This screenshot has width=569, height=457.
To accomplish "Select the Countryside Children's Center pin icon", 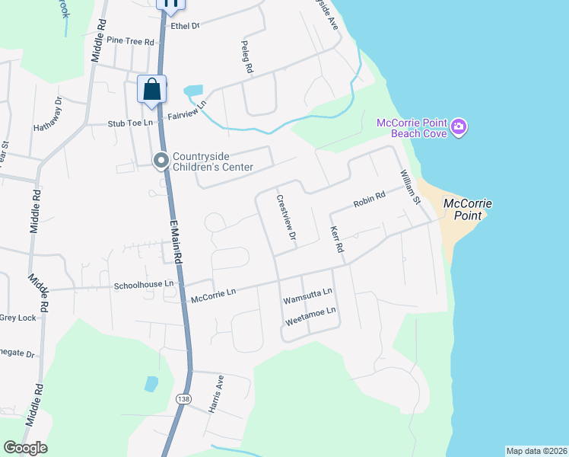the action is point(161,161).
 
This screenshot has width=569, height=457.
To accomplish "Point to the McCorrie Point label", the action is point(468,209).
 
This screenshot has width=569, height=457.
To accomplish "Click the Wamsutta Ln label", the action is point(307,296).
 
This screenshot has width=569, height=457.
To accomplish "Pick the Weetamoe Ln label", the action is point(310,315).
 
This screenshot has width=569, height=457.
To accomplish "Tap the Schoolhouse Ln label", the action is point(144,285).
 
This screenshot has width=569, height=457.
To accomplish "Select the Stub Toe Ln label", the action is point(130,122).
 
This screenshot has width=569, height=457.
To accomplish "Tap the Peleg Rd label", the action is point(247,57).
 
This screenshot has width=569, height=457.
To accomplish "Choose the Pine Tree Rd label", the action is point(130,40).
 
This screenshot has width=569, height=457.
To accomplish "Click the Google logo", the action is point(25,448).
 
